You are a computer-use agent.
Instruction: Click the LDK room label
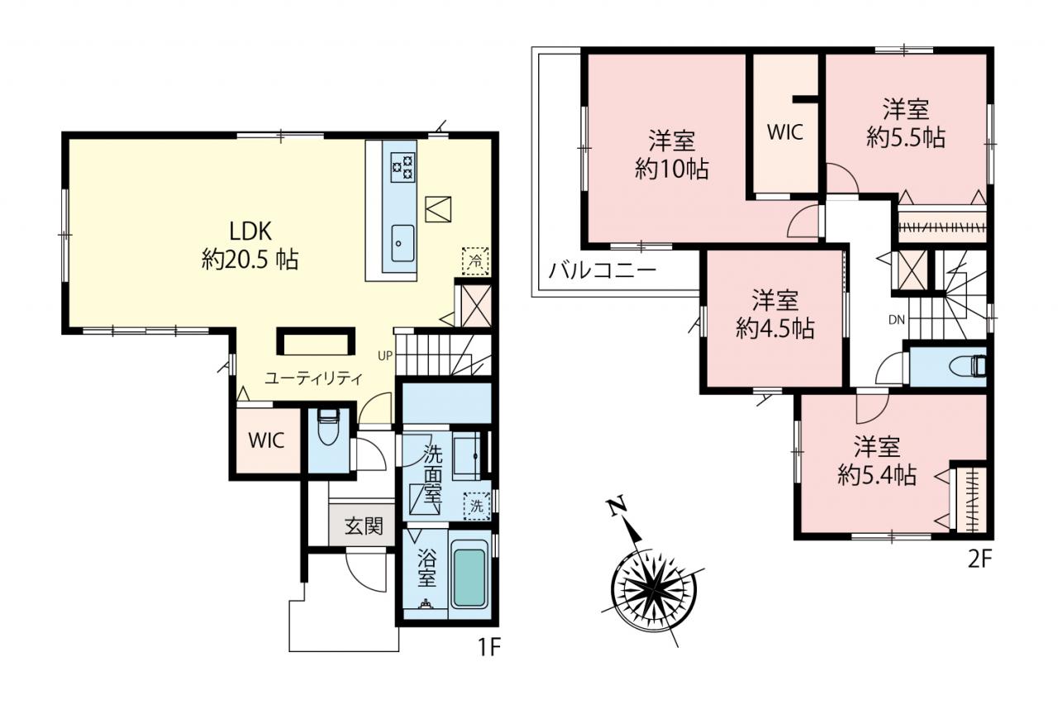(250, 231)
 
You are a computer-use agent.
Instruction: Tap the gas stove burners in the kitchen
(403, 168)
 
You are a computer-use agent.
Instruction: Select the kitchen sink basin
(403, 243)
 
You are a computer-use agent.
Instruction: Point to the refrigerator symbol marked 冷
(475, 260)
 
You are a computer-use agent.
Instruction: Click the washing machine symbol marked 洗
(477, 506)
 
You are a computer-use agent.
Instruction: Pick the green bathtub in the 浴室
(469, 574)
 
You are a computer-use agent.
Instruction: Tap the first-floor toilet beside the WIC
(328, 426)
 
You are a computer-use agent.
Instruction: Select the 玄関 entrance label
(363, 526)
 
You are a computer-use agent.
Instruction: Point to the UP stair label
(385, 356)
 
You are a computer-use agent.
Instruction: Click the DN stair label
(897, 320)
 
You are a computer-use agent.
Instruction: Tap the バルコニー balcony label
(603, 271)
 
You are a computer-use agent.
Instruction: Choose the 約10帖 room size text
(672, 169)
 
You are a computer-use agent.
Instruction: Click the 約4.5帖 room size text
(775, 328)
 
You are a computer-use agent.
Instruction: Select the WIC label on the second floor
(785, 133)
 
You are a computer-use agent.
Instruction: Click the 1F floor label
(489, 647)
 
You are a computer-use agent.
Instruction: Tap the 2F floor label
(980, 560)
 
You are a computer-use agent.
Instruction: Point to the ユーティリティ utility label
(313, 379)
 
